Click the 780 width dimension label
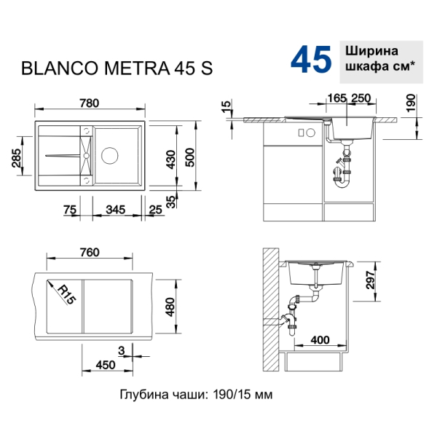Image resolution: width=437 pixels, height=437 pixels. (89, 103)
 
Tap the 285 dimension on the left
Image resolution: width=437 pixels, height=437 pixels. (17, 158)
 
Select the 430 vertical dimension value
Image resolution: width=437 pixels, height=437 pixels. (171, 160)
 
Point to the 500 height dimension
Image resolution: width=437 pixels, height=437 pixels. (190, 157)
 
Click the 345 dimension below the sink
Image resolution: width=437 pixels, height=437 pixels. (116, 210)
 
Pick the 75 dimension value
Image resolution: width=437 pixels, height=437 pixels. (70, 210)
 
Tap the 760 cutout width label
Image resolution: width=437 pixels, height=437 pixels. (90, 253)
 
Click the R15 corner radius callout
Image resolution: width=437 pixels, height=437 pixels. (67, 296)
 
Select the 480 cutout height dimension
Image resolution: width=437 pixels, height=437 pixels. (170, 307)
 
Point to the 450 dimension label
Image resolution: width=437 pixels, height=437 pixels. (106, 365)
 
